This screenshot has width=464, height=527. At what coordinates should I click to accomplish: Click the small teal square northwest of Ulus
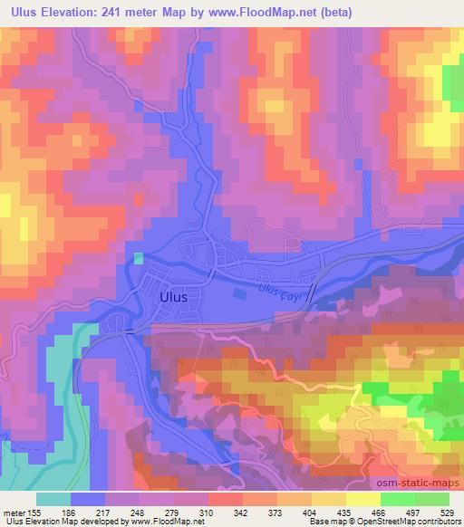coord(139,258)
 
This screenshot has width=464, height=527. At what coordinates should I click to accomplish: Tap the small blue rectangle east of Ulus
coord(239,292)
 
